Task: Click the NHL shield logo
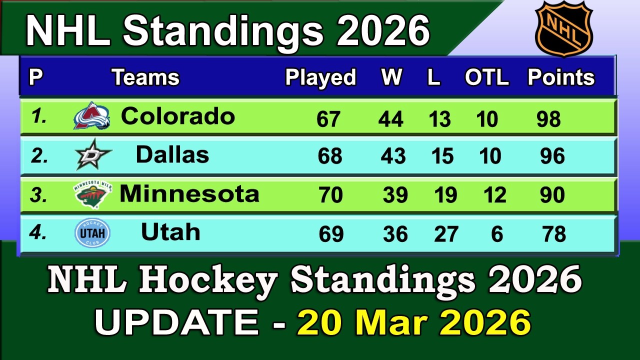click(x=563, y=28)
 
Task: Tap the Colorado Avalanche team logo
click(x=91, y=116)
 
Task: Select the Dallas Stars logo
click(x=93, y=155)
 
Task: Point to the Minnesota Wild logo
click(x=93, y=194)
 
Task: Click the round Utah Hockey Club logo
click(x=92, y=233)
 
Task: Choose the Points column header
click(x=561, y=77)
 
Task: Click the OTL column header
click(x=486, y=77)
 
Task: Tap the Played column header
click(x=320, y=77)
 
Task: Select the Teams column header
click(x=145, y=77)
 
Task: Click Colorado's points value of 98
click(x=548, y=119)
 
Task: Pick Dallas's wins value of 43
click(x=393, y=156)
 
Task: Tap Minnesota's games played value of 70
click(x=330, y=195)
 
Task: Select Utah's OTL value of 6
click(x=497, y=234)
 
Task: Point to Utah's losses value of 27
click(x=446, y=234)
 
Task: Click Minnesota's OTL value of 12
click(x=495, y=195)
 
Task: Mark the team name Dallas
click(x=172, y=155)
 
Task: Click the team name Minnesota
click(x=189, y=193)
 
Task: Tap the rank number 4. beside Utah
click(x=38, y=233)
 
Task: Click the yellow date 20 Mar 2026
click(x=414, y=322)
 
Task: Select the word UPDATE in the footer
click(x=176, y=322)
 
